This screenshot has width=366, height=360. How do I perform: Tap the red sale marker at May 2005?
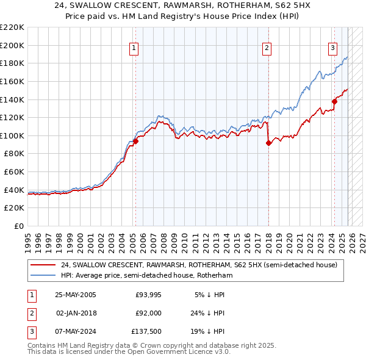tap(135, 141)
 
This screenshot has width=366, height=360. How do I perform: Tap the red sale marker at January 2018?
tap(268, 143)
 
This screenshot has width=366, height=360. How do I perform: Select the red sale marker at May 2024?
tap(334, 101)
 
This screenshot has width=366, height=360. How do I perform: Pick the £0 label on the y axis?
tap(18, 226)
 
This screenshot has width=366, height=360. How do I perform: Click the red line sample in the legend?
tap(43, 265)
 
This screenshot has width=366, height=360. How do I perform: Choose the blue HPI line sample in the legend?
tap(43, 275)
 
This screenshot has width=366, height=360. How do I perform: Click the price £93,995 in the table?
tap(148, 294)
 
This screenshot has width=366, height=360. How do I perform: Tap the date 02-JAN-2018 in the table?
tap(76, 313)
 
